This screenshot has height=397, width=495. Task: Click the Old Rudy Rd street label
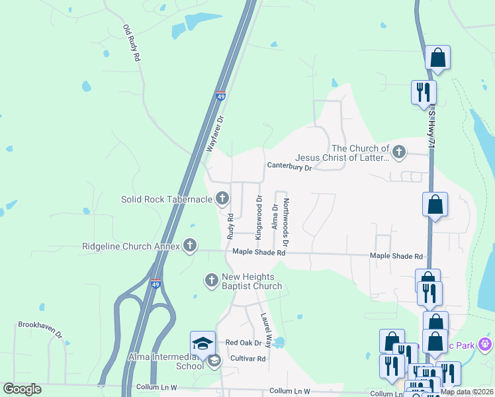click(132, 44)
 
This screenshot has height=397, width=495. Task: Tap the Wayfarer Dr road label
click(216, 134)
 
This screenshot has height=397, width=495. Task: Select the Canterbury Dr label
click(289, 167)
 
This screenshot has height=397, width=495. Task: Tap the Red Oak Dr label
click(244, 343)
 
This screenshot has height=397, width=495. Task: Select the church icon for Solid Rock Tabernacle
click(222, 198)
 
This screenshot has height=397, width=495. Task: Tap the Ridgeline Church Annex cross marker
click(190, 246)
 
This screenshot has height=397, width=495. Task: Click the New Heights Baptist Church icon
click(212, 281)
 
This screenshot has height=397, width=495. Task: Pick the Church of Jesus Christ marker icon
click(398, 153)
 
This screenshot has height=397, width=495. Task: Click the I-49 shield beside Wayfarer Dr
click(220, 97)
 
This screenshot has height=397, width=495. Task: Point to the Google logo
click(22, 389)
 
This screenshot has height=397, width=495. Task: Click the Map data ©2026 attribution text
click(467, 392)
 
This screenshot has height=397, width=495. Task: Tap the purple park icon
click(486, 345)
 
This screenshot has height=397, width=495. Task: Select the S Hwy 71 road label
click(431, 125)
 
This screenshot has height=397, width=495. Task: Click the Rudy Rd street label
click(230, 226)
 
